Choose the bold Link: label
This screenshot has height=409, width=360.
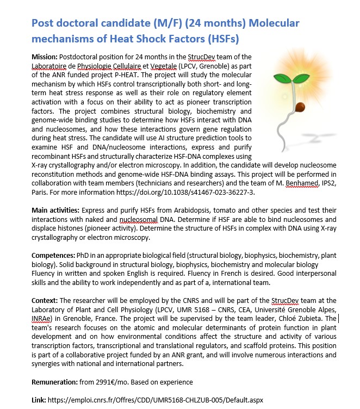(x=39, y=400)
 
